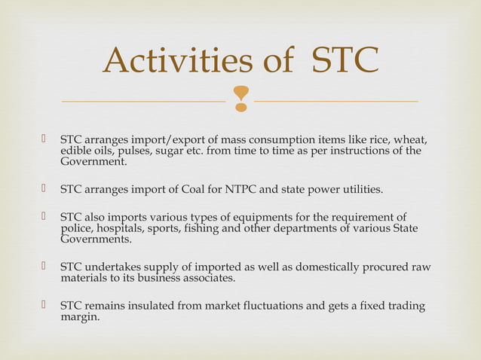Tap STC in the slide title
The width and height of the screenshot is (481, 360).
(345, 61)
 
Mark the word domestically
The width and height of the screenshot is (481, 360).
(328, 267)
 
